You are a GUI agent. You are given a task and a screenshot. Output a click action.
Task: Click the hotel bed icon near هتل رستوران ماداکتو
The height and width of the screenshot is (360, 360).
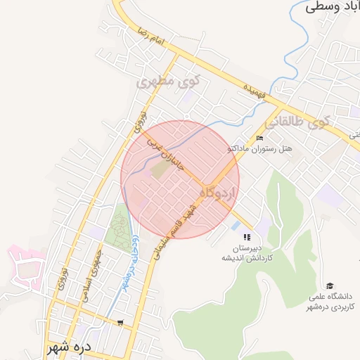coord(259,137)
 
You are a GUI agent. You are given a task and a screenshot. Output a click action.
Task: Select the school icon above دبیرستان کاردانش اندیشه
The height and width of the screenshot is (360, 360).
coord(246,237)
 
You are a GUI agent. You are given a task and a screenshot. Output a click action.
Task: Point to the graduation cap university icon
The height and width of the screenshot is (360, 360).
coord(330,285)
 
